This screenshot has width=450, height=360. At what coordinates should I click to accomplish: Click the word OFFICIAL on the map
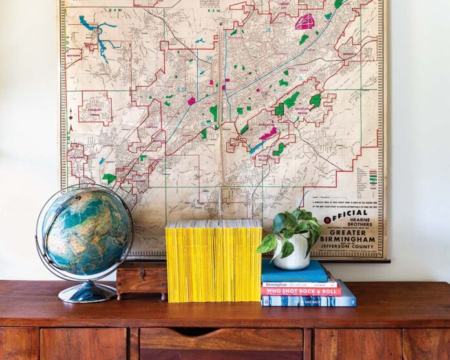click(x=350, y=213)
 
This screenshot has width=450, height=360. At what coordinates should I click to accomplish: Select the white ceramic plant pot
click(x=292, y=253)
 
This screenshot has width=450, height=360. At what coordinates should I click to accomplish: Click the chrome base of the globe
click(x=79, y=293)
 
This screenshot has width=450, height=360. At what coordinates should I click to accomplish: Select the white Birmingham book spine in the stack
click(x=299, y=284)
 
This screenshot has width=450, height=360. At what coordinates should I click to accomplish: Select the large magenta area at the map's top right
click(x=304, y=21)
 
